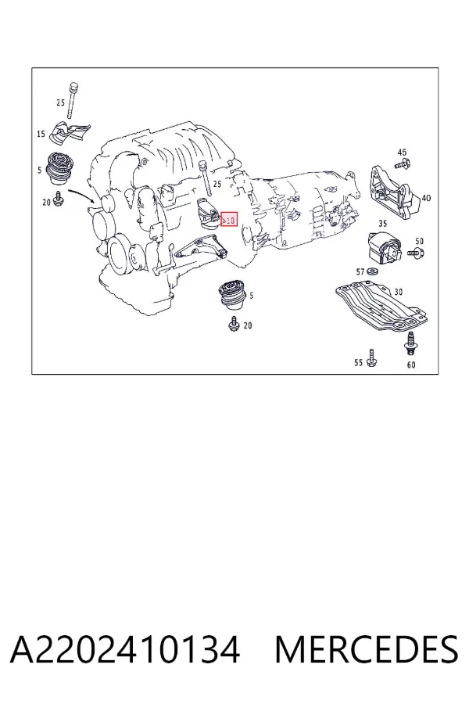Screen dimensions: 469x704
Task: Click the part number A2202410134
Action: pyautogui.click(x=125, y=649)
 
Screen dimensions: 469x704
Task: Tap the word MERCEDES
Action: pyautogui.click(x=367, y=649)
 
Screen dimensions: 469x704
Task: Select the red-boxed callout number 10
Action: pyautogui.click(x=229, y=220)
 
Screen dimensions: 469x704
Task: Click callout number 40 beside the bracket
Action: pyautogui.click(x=426, y=198)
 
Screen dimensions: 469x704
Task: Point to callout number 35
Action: pyautogui.click(x=383, y=223)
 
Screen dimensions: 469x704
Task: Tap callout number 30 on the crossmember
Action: pyautogui.click(x=399, y=292)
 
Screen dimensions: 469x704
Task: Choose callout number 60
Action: pyautogui.click(x=411, y=365)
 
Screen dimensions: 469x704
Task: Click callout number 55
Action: pyautogui.click(x=358, y=362)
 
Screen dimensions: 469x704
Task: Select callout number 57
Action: pyautogui.click(x=360, y=271)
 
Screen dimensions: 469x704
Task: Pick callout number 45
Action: pyautogui.click(x=402, y=153)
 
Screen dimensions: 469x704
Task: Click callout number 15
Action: pyautogui.click(x=41, y=134)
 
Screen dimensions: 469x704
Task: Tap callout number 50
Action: pyautogui.click(x=419, y=242)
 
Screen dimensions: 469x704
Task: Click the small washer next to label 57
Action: pyautogui.click(x=372, y=271)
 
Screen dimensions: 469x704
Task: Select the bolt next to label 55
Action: pyautogui.click(x=371, y=357)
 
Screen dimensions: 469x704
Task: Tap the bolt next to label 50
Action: pyautogui.click(x=416, y=253)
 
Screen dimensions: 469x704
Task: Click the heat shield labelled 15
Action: pyautogui.click(x=70, y=132)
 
